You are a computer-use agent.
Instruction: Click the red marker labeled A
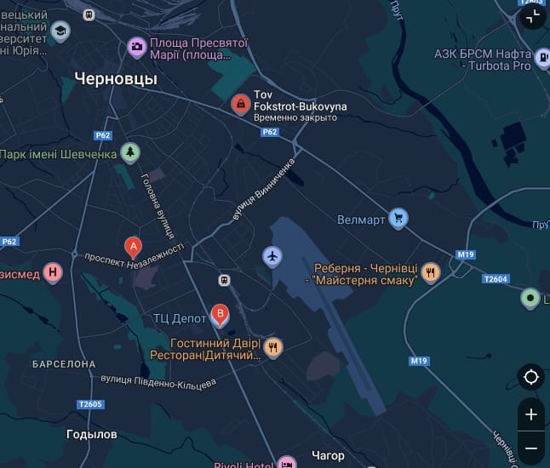point(133,247)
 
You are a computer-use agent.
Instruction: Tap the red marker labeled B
point(220,316)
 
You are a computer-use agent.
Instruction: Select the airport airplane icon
point(272,256)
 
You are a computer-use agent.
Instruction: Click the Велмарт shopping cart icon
point(398,219)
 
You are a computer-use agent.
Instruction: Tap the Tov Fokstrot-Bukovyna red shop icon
point(241,105)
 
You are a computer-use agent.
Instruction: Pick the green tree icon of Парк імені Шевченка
point(129,153)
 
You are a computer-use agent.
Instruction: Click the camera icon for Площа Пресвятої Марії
point(136,48)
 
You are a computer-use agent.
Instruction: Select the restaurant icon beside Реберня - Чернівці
point(431,273)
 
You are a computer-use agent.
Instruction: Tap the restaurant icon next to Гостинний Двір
point(273,347)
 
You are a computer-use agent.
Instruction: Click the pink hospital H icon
point(54,273)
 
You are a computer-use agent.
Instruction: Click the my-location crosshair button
point(531,377)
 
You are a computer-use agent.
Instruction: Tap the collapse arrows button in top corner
point(532,16)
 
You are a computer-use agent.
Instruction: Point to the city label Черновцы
point(116,78)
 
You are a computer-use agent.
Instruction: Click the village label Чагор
point(328,456)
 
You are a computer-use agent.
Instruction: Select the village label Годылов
point(92,434)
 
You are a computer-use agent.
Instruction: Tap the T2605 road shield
point(89,404)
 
